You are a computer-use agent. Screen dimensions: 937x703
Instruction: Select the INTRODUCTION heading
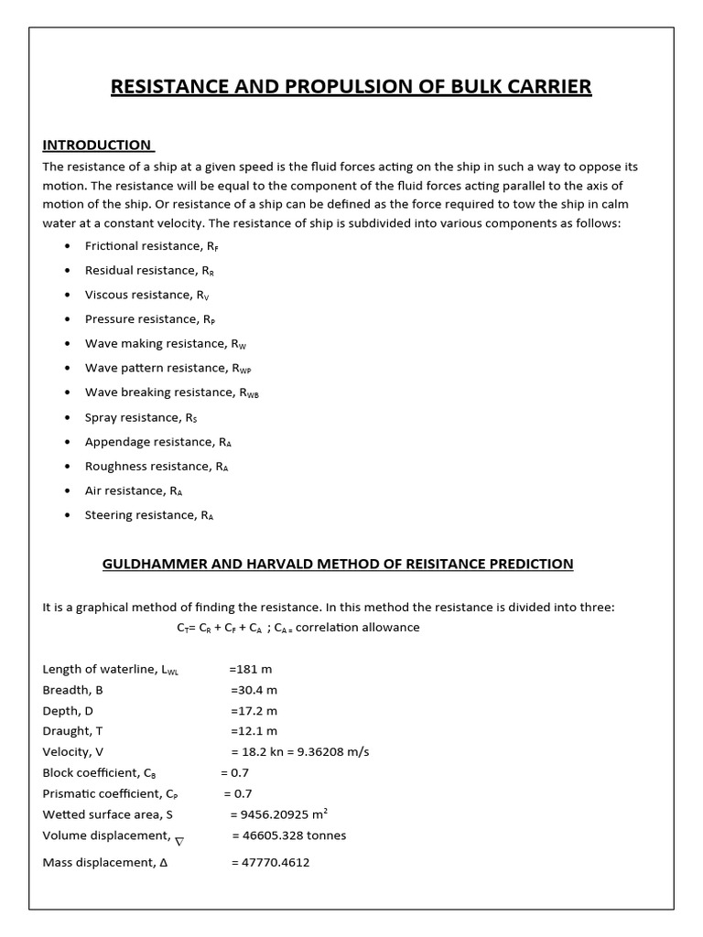point(97,145)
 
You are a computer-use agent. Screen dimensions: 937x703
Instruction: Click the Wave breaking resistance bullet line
point(172,393)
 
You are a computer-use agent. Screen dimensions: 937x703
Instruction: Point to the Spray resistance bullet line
point(141,417)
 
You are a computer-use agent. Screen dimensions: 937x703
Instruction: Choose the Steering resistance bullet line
point(149,515)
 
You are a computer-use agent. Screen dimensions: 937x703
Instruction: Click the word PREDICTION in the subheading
point(527,564)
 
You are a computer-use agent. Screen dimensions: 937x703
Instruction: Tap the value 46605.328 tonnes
point(289,835)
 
